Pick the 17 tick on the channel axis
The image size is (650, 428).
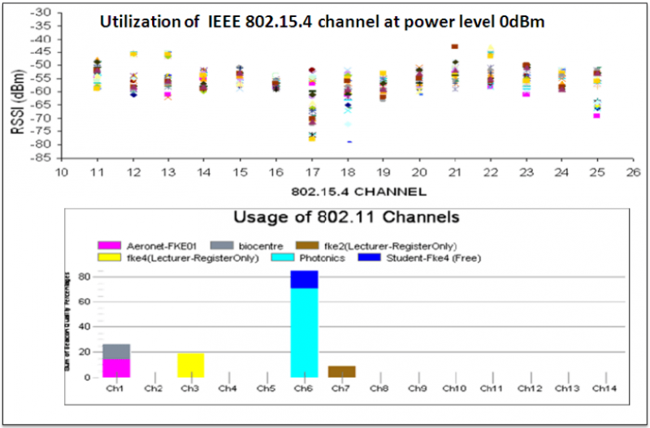pyautogui.click(x=311, y=172)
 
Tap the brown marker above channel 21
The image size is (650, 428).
pyautogui.click(x=455, y=47)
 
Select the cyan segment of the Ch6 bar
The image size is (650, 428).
pyautogui.click(x=305, y=333)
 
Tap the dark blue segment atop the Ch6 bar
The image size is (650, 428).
pyautogui.click(x=305, y=279)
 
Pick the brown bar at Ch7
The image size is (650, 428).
pyautogui.click(x=342, y=372)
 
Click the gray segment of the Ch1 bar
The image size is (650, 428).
pyautogui.click(x=116, y=352)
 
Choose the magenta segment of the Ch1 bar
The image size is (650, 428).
pyautogui.click(x=116, y=369)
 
